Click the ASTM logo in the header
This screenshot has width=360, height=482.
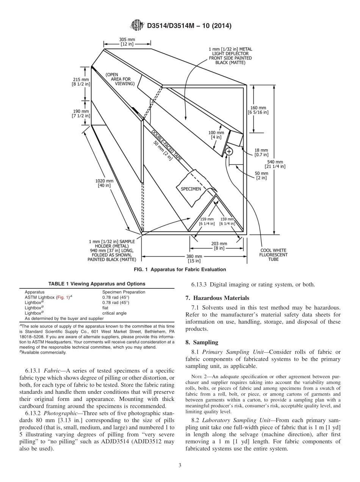coord(137,26)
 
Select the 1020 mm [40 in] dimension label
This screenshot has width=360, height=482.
coord(104,183)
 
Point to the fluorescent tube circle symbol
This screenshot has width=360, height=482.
coord(229,152)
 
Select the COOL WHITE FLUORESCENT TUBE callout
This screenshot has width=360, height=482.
coord(274,255)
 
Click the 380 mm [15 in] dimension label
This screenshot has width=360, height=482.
coord(194,258)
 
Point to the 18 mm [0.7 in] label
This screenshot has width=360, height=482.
coord(261,152)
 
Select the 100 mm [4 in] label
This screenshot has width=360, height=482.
coord(216,135)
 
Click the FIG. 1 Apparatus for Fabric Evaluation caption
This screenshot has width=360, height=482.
coord(180,270)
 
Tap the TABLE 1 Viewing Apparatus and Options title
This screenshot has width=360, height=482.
coord(97,284)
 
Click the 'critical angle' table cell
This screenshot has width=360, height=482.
coord(114,313)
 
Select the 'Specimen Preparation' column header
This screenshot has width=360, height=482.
coord(124,292)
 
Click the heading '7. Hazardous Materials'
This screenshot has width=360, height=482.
coord(218,298)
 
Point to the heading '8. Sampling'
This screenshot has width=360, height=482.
coord(202,342)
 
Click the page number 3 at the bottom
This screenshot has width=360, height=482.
coord(180,466)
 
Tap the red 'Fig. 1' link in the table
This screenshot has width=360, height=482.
coord(62,297)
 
